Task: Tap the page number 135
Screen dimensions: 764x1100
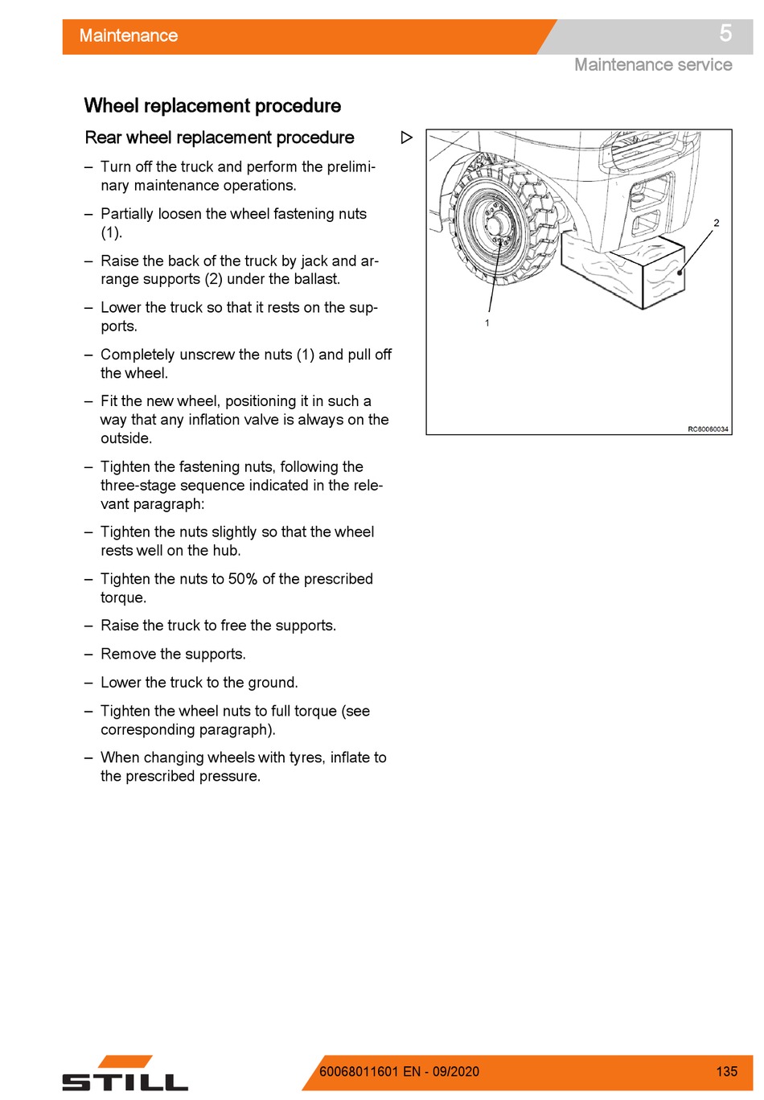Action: pyautogui.click(x=726, y=1072)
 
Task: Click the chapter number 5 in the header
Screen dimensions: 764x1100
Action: pyautogui.click(x=725, y=34)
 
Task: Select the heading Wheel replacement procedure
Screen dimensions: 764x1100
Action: pyautogui.click(x=212, y=105)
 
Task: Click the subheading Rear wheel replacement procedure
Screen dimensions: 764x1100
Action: pyautogui.click(x=219, y=137)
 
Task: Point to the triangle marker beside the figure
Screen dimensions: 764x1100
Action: pyautogui.click(x=406, y=137)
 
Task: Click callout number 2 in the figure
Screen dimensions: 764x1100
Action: pyautogui.click(x=716, y=223)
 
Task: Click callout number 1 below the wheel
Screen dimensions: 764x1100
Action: pyautogui.click(x=487, y=323)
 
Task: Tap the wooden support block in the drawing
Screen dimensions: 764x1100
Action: pyautogui.click(x=622, y=269)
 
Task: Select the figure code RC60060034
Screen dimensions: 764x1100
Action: pyautogui.click(x=708, y=429)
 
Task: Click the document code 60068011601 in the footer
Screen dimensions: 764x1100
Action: pyautogui.click(x=359, y=1072)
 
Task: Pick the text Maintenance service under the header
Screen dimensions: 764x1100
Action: pyautogui.click(x=653, y=65)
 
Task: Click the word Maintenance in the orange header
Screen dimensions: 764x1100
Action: pyautogui.click(x=128, y=35)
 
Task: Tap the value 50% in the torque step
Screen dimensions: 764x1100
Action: pyautogui.click(x=243, y=578)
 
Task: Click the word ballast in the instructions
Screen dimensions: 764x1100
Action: pyautogui.click(x=317, y=279)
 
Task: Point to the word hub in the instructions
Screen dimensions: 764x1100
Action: pyautogui.click(x=226, y=551)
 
